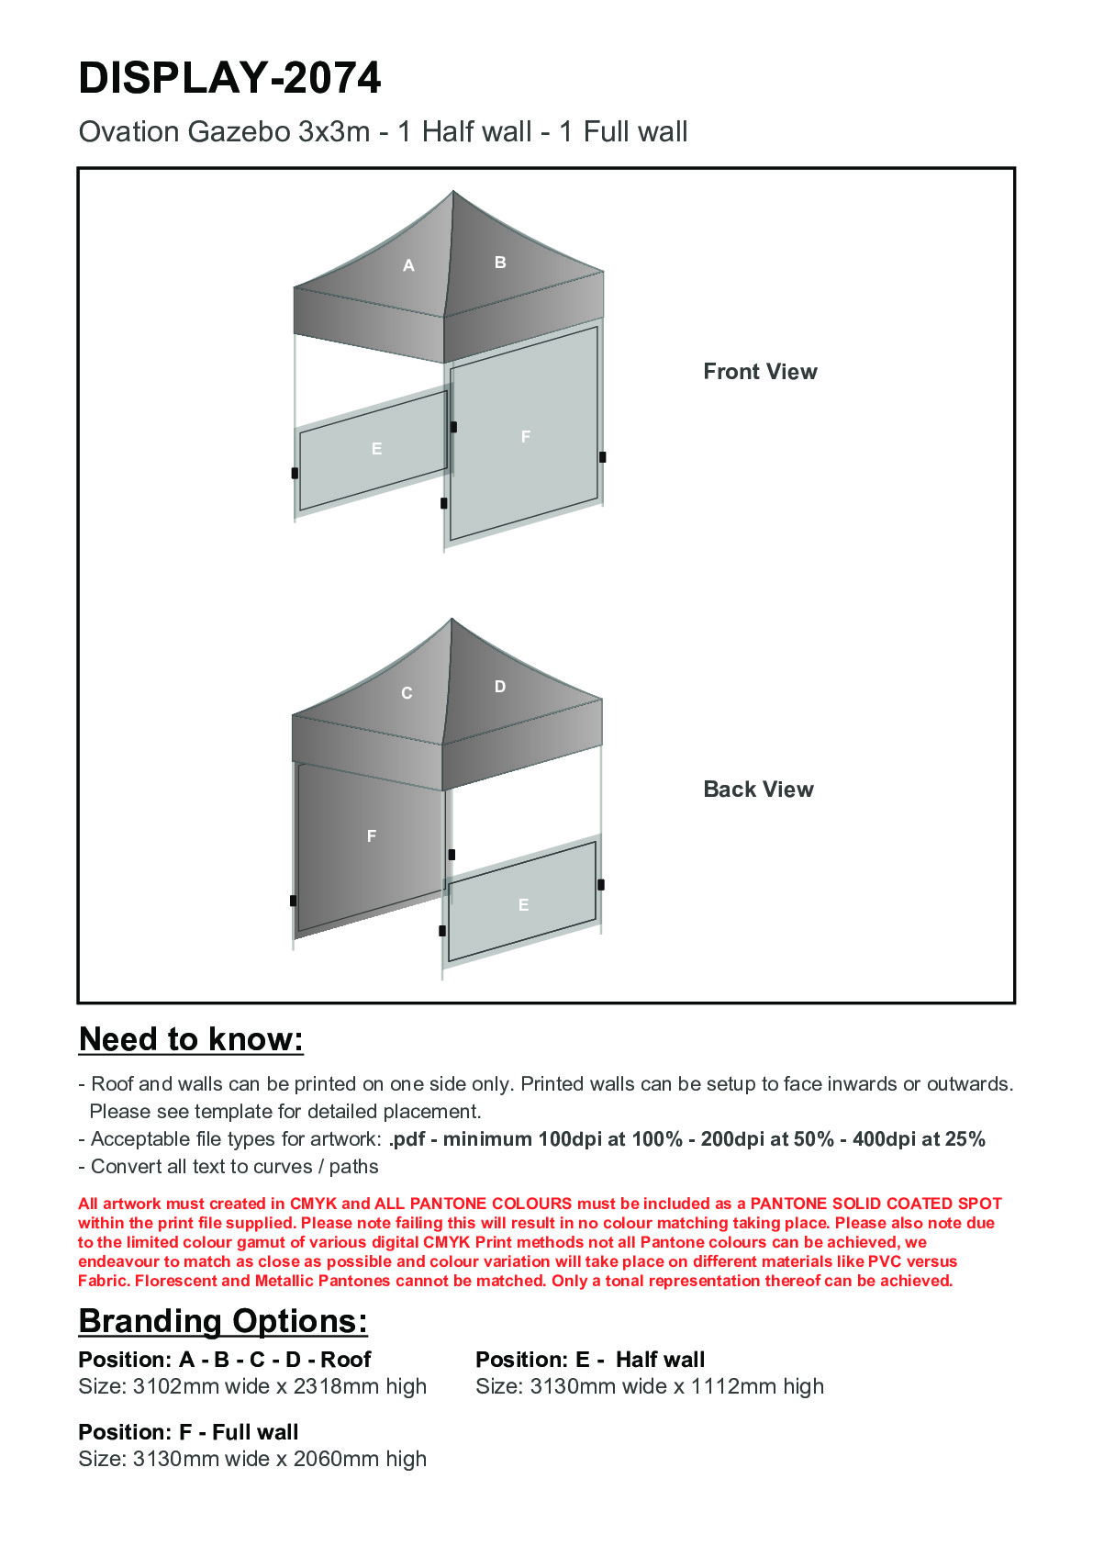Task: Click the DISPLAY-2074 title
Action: point(229,78)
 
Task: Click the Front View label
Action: point(760,372)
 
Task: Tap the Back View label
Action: point(758,790)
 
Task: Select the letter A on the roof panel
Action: point(409,266)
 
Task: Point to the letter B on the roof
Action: point(500,263)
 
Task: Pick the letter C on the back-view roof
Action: point(407,693)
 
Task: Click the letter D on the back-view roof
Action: point(500,687)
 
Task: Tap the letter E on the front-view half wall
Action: point(376,449)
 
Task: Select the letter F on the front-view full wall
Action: point(526,437)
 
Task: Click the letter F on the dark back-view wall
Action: point(372,836)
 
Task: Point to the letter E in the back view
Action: point(523,905)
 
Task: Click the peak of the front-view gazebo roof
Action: point(452,192)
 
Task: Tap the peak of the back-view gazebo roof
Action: point(452,620)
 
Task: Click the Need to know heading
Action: point(191,1039)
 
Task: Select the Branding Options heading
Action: point(223,1321)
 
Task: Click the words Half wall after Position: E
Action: point(660,1360)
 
